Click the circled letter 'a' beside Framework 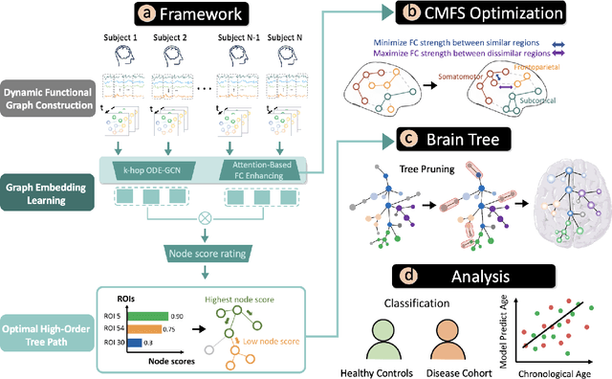pyautogui.click(x=145, y=14)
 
